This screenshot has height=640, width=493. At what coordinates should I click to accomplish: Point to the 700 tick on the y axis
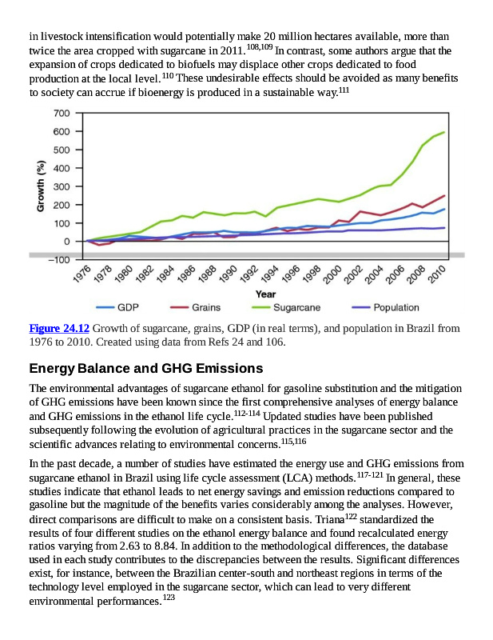point(62,113)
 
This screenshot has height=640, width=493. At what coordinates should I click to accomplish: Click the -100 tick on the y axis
point(60,260)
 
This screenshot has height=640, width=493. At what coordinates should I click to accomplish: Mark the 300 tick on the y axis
point(62,186)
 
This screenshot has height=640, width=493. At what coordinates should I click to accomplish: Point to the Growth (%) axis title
point(39,186)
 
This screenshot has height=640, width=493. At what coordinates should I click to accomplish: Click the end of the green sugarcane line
point(444,132)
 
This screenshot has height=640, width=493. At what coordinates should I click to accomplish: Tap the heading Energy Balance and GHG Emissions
point(145,369)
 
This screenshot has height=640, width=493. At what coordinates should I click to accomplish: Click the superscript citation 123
point(168,599)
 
